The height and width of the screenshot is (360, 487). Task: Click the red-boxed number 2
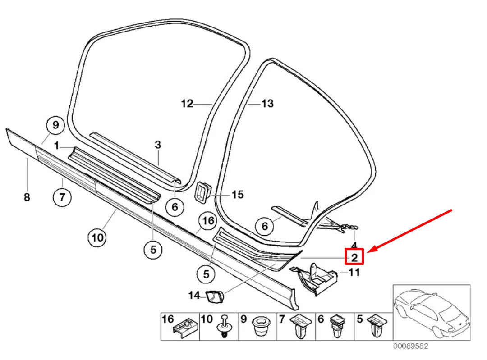tap(354, 257)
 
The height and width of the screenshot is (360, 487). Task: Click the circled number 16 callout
tap(207, 221)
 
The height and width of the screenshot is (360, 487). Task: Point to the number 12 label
tap(187, 104)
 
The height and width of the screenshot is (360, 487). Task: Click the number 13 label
tap(267, 104)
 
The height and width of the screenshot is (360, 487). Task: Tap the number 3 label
tap(157, 145)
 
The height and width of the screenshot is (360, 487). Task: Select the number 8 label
tap(27, 197)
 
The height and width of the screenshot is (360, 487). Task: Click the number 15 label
tap(238, 195)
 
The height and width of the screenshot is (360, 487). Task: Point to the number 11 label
tap(354, 272)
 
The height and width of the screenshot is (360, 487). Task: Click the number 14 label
tap(194, 295)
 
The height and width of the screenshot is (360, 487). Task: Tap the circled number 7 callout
tap(62, 196)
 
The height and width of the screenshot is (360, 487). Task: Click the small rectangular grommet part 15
tap(202, 191)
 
